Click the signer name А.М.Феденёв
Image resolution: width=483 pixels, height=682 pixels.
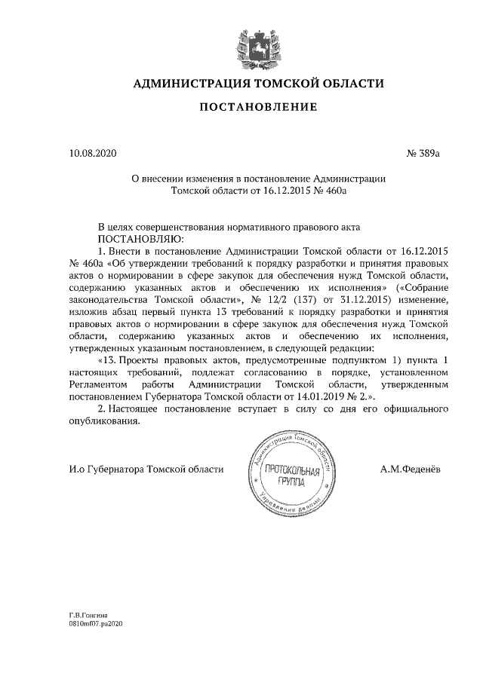pyautogui.click(x=411, y=469)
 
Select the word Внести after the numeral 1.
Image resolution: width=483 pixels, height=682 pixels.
pyautogui.click(x=125, y=249)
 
